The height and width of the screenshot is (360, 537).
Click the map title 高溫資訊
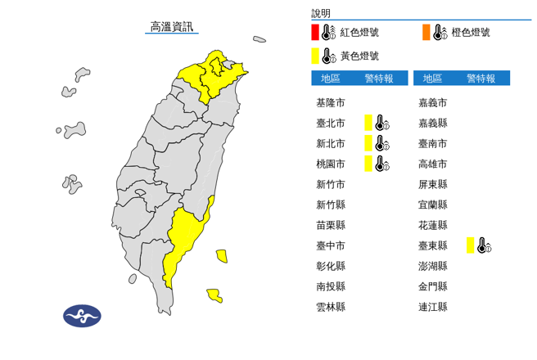173,27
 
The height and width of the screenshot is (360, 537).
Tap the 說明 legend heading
321,13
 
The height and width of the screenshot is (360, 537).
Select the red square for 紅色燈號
314,33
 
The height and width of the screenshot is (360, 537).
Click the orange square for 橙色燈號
426,33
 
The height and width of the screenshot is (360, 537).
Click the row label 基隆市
330,103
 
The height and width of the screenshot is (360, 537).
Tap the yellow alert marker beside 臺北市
368,123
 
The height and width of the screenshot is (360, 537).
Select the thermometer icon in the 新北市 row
381,143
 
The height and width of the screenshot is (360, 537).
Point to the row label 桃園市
330,164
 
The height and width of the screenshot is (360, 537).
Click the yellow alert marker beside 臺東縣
471,245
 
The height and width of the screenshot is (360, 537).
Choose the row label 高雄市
432,164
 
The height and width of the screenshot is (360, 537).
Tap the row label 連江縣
432,307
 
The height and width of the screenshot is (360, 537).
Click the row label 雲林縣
330,307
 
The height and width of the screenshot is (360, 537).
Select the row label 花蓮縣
432,225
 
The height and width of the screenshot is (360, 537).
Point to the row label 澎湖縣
432,266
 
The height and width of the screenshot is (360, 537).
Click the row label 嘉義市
432,103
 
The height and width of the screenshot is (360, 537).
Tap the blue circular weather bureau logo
82,316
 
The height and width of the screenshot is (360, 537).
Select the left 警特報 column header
379,79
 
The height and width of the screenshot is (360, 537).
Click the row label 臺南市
432,143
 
